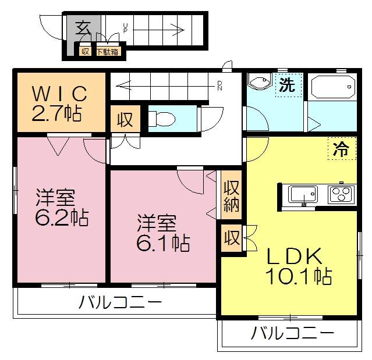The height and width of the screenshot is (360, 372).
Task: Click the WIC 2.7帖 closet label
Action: click(60, 102)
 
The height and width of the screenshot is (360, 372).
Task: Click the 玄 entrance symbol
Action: click(83, 27)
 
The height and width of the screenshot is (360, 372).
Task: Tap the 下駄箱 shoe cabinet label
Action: click(108, 51)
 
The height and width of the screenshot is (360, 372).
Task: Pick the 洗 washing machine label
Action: click(286, 85)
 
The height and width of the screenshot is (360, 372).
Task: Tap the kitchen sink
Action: click(303, 194)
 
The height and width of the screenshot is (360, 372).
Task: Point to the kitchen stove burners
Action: click(342, 194)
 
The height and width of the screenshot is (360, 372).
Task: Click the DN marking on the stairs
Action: click(219, 86)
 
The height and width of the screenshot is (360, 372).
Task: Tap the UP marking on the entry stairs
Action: click(125, 27)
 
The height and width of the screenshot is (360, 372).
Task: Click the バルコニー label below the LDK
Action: click(293, 333)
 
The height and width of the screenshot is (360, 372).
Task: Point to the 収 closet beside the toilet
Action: click(125, 120)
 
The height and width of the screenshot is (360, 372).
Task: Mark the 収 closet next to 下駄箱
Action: click(85, 51)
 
